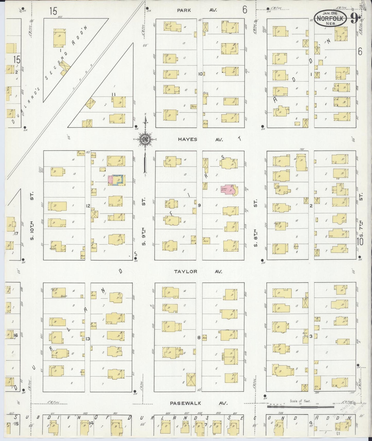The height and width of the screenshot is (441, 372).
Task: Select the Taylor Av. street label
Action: click(x=198, y=271)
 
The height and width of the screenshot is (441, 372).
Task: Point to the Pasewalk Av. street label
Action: click(x=199, y=403)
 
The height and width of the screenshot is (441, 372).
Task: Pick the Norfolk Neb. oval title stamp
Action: click(x=331, y=18)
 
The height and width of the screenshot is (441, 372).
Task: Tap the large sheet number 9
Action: click(x=354, y=19)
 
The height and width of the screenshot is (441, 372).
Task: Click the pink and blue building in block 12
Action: click(x=117, y=180)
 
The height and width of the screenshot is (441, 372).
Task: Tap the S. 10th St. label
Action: click(x=32, y=223)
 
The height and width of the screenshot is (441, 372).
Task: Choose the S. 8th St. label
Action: click(x=255, y=223)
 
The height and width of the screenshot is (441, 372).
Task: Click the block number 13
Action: click(x=88, y=339)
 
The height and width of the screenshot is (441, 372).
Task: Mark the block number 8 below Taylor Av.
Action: click(x=199, y=338)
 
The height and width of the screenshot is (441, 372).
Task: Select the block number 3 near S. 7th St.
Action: click(x=311, y=336)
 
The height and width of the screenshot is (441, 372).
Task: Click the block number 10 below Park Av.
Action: click(x=200, y=74)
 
